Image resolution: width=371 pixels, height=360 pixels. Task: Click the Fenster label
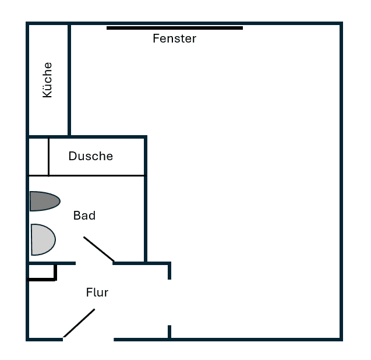[174, 39]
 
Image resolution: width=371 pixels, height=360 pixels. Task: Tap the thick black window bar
[175, 27]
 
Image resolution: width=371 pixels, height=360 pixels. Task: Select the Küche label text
[47, 80]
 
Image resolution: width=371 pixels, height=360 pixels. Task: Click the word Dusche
[90, 156]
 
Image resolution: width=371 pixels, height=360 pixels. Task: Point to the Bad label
[84, 216]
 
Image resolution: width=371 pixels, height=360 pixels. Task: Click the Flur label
[97, 292]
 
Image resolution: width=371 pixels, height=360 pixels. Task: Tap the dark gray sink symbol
[44, 201]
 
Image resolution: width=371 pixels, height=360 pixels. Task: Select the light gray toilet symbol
[43, 239]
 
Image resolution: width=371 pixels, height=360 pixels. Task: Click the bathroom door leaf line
[98, 249]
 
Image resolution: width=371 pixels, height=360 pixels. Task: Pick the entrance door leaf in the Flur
[79, 323]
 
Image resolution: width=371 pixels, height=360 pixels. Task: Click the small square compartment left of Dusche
[38, 156]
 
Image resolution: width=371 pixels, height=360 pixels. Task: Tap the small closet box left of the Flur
[41, 271]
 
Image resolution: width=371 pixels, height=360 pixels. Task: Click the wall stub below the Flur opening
[169, 331]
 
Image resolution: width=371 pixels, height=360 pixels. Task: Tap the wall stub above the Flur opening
[169, 271]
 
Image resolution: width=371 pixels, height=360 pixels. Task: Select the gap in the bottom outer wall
[88, 338]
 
